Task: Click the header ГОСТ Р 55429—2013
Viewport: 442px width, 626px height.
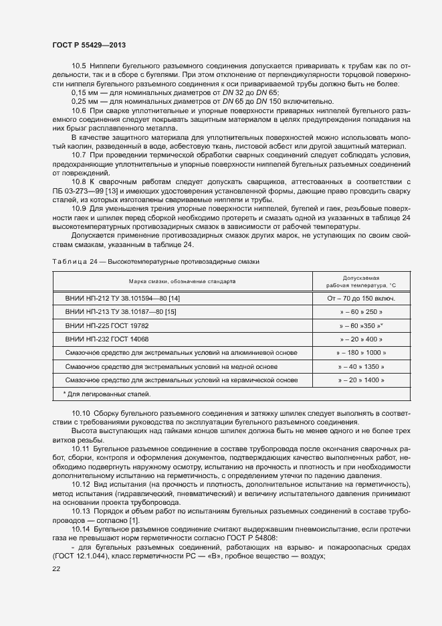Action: coord(89,44)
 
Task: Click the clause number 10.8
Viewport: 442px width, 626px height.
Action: coord(79,181)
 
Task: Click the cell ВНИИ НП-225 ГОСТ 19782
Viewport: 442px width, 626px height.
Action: coord(107,325)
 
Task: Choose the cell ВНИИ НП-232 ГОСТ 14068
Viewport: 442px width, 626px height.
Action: coord(107,339)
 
